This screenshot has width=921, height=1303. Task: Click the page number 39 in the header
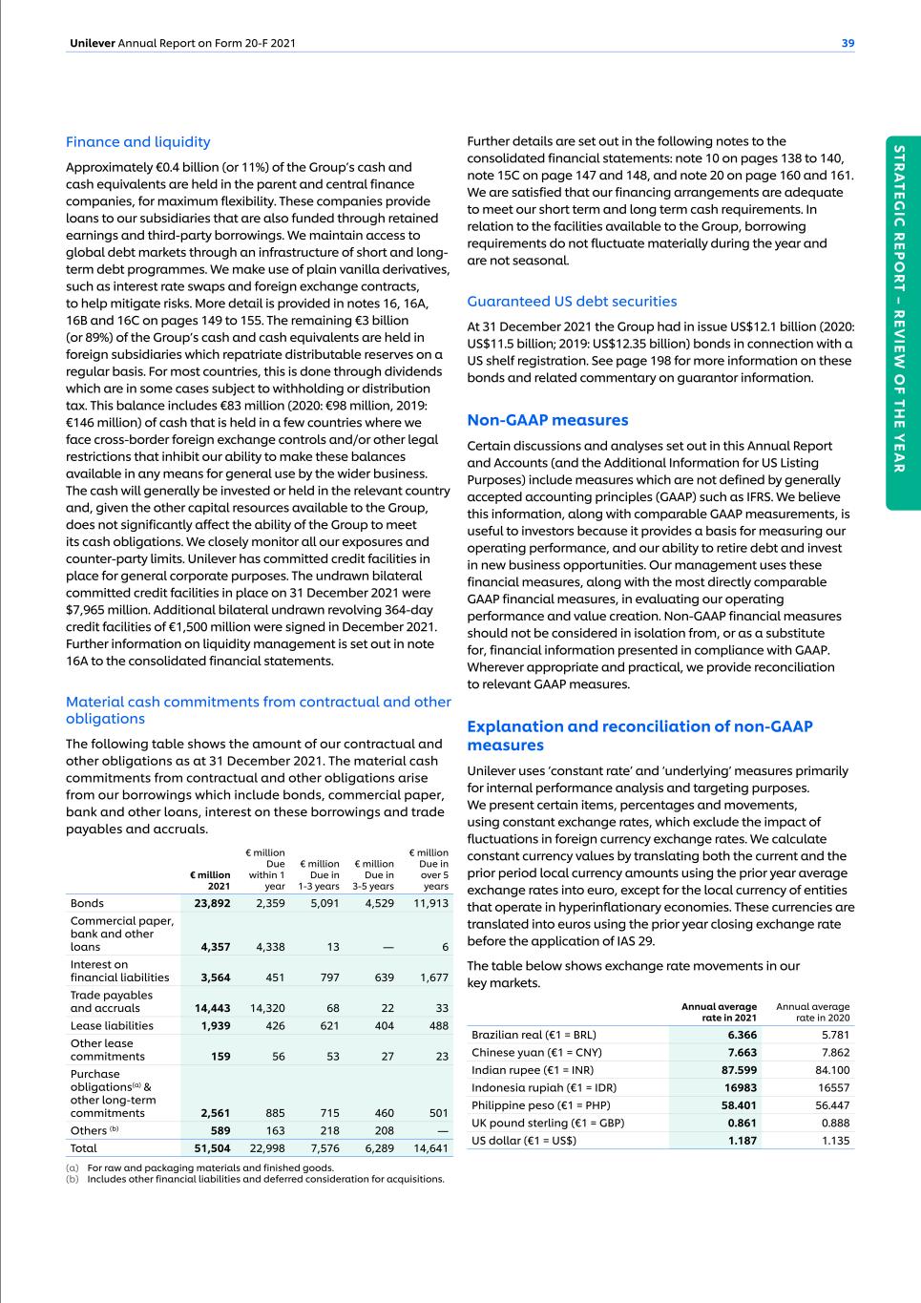(x=848, y=43)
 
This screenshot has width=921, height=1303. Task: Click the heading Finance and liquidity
(x=137, y=142)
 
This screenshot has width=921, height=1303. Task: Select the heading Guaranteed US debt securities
(x=572, y=302)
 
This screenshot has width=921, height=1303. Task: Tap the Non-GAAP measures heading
(x=547, y=420)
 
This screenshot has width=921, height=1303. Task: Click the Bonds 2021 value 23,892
(x=212, y=903)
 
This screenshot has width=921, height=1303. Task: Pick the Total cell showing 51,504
(x=212, y=1148)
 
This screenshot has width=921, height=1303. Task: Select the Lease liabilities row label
(x=112, y=1025)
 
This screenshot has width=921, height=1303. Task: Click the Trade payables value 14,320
(x=266, y=1008)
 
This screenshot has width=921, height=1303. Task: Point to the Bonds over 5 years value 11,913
(x=430, y=903)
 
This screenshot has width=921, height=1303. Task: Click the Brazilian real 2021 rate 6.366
(x=742, y=1035)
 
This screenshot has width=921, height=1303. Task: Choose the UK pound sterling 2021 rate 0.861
(x=742, y=1124)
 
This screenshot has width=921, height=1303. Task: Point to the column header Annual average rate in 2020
(x=812, y=1012)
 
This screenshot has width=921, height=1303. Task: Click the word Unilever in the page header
(x=93, y=43)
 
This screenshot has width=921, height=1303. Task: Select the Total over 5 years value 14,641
(x=430, y=1148)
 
